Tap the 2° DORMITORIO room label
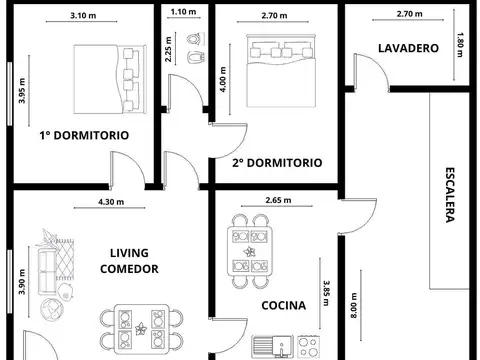coord(276,161)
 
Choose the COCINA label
coord(283,305)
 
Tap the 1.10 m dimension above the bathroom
coord(184,12)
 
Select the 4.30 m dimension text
coord(110,201)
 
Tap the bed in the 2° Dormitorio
coord(282,61)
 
